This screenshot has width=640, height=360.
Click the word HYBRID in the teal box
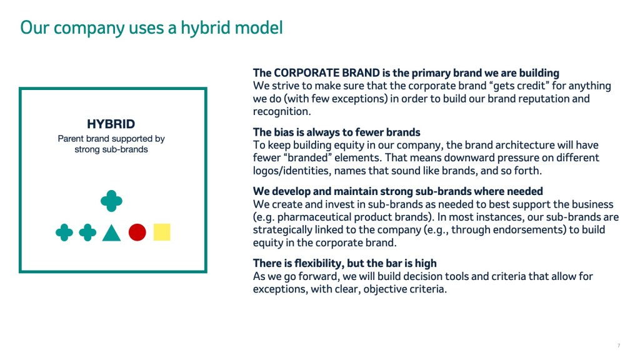(x=111, y=124)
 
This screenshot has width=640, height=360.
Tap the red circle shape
(x=137, y=232)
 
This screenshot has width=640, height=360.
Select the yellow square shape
(x=162, y=232)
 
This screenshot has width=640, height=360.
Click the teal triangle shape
(x=111, y=232)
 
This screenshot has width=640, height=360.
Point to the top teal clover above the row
(x=111, y=201)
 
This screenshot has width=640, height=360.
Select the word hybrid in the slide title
(x=199, y=27)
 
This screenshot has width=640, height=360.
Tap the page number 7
(x=619, y=346)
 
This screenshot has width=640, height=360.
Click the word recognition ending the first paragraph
(x=281, y=111)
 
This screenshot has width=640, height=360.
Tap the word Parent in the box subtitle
(x=71, y=139)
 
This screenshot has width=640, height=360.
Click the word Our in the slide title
(x=34, y=27)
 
